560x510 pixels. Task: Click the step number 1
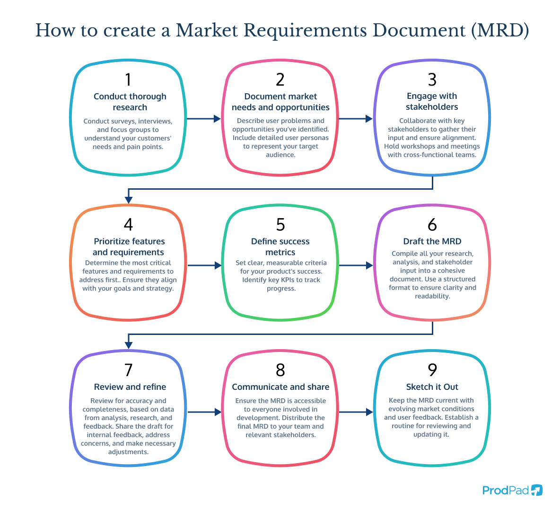click(128, 80)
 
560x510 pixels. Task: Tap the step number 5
click(280, 225)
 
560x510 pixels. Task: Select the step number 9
click(432, 370)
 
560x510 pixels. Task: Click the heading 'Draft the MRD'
click(432, 241)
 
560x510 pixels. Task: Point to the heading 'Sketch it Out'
click(432, 387)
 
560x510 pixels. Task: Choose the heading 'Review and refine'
click(130, 387)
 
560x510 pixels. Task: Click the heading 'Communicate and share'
click(280, 387)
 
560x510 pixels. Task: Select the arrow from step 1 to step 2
click(204, 119)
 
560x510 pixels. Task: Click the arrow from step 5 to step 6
click(356, 265)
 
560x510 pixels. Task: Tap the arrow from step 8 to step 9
click(356, 412)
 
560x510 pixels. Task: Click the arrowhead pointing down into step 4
click(128, 200)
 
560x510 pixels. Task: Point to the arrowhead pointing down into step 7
click(128, 345)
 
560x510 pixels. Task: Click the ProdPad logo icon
click(537, 490)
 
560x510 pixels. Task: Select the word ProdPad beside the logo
click(505, 490)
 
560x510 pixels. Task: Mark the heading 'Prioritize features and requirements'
click(129, 247)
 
